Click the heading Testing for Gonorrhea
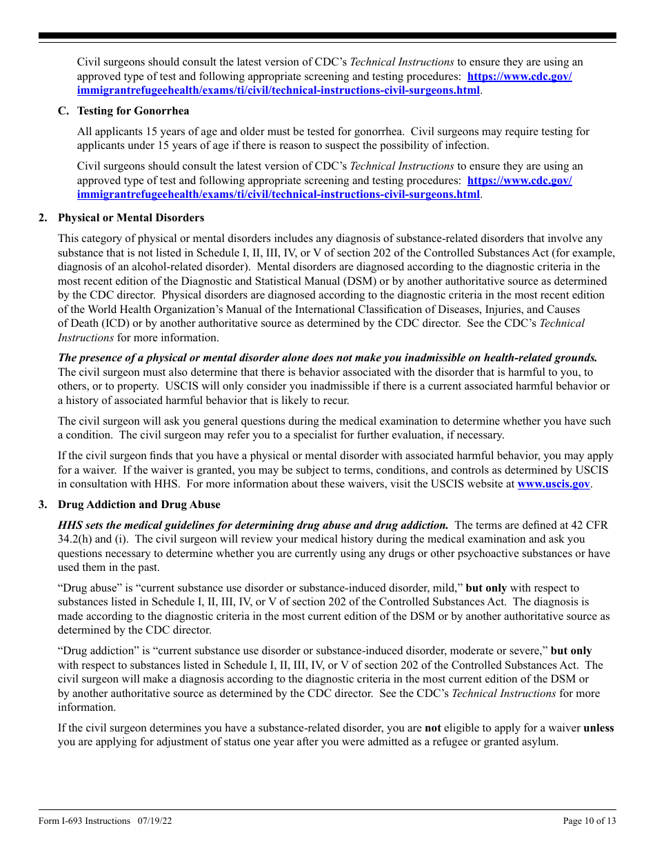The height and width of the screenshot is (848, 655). coord(133,111)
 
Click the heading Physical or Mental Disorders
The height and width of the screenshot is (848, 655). coord(131,218)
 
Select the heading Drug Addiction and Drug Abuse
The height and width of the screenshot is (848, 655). coord(139,505)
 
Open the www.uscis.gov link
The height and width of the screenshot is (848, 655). coord(553,484)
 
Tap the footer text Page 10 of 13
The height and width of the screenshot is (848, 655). coord(589,820)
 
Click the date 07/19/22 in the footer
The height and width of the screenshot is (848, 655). coord(154,820)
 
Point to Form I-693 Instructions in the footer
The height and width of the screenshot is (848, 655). coord(85,820)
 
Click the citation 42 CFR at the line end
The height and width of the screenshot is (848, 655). coord(588,525)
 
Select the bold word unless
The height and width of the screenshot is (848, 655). coord(598,728)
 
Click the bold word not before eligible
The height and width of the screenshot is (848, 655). coord(432,728)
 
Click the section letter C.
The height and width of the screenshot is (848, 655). coord(62,111)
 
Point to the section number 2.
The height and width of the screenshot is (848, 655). coord(43,218)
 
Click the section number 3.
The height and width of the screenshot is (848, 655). coord(43,505)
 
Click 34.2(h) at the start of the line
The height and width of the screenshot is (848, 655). coord(74,539)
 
